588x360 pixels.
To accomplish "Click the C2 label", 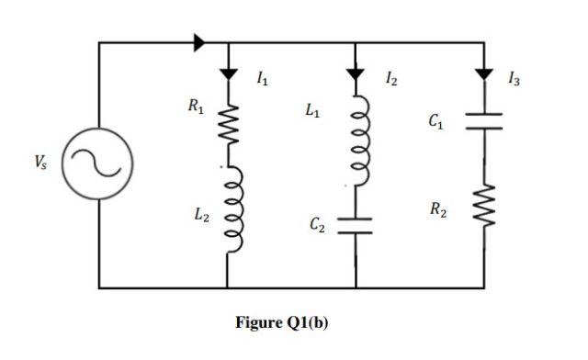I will coord(316,223).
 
